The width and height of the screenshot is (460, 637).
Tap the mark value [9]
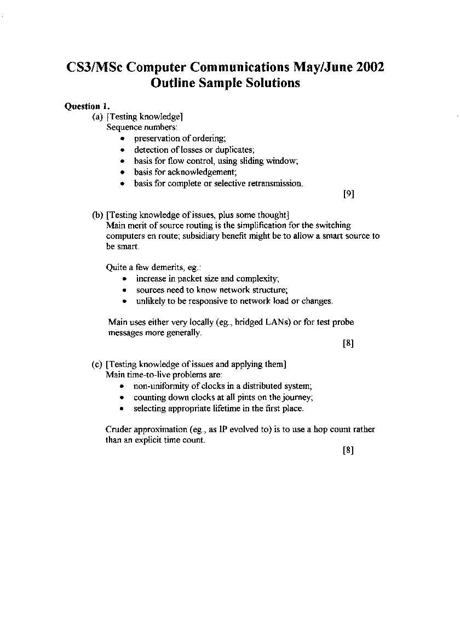tap(349, 194)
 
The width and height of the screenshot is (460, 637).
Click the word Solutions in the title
tap(272, 83)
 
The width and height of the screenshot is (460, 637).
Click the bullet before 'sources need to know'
tap(125, 290)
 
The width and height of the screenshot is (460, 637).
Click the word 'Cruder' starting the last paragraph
tap(118, 429)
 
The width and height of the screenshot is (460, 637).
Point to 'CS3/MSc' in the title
tap(96, 67)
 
